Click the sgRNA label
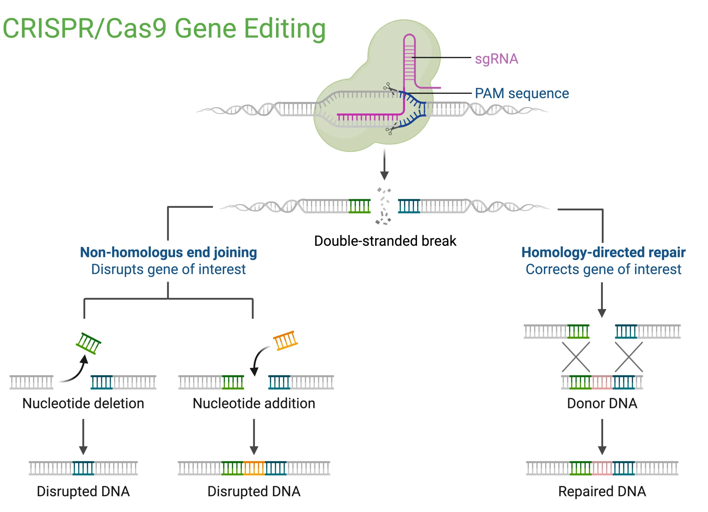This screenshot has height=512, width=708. [x=496, y=59]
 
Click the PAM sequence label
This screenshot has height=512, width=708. [x=522, y=93]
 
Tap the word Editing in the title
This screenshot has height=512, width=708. [x=284, y=29]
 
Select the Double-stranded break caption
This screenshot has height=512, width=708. [x=385, y=241]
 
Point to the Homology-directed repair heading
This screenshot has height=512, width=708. [x=603, y=252]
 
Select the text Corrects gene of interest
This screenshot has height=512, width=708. [x=603, y=269]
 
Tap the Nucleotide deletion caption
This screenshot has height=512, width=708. [x=83, y=403]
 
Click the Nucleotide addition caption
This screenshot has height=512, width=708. [x=254, y=403]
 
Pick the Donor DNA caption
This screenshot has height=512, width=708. [x=602, y=403]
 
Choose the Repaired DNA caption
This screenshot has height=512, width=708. [x=602, y=492]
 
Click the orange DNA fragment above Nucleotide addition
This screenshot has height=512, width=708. [x=285, y=340]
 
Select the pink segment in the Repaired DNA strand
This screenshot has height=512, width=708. [x=602, y=468]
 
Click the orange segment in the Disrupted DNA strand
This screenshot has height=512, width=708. [x=254, y=468]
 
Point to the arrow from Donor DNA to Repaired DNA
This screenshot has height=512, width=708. [x=602, y=437]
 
